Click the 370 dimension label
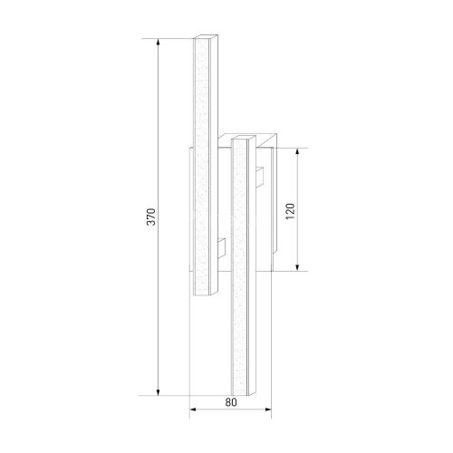(x=151, y=217)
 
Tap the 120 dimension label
(x=290, y=211)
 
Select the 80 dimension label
(x=231, y=402)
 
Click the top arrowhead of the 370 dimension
(x=158, y=43)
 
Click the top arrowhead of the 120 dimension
(x=297, y=151)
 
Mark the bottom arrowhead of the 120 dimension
(x=297, y=267)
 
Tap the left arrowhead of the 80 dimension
(x=193, y=410)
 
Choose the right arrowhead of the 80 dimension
(x=267, y=410)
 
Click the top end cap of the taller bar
(x=206, y=36)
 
